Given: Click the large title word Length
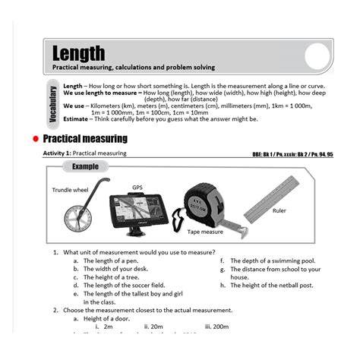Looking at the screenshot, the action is pos(78,53).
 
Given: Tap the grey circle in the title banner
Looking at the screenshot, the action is pos(318,55).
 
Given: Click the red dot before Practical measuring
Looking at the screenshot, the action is pos(35,139).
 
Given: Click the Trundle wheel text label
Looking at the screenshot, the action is pos(71,189).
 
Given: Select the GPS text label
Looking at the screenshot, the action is pos(137,187).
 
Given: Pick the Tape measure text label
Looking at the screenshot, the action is pos(206,232).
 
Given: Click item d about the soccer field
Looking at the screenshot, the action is pos(118,285).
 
